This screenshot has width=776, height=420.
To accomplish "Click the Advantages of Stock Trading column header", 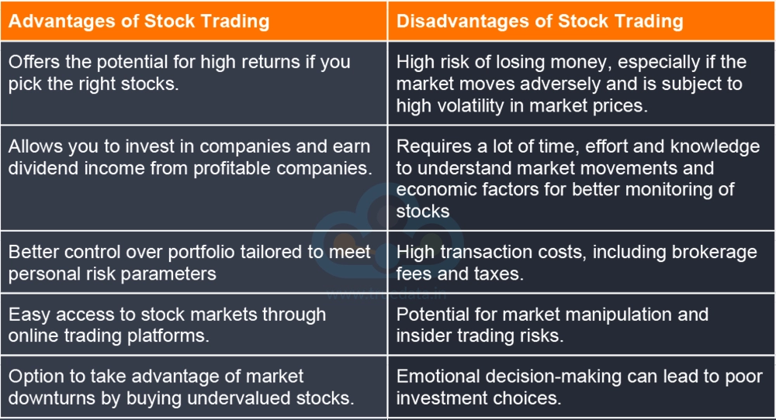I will pos(139,21).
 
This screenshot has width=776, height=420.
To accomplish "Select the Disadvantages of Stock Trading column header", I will pos(540,21).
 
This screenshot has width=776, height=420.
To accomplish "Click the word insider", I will pos(422,336).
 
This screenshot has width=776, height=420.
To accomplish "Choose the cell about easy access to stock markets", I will pos(193,325).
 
